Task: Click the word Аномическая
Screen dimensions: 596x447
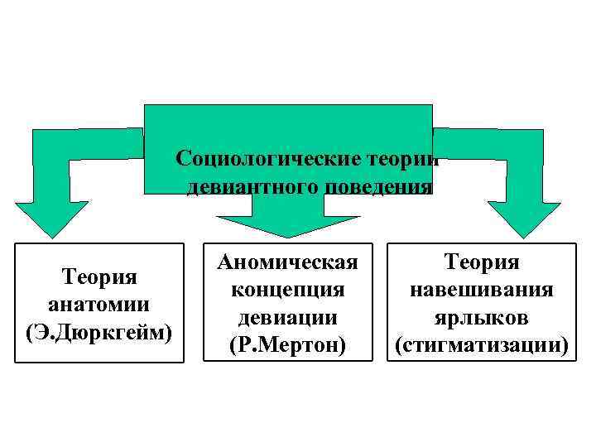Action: [x=287, y=262]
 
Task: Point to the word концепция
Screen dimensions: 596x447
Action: [x=287, y=290]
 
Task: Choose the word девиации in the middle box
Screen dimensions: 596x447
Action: [x=287, y=317]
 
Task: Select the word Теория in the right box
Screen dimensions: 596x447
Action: [x=482, y=262]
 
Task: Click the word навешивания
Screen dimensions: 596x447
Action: [x=482, y=290]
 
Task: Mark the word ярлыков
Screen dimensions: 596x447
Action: [x=482, y=317]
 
